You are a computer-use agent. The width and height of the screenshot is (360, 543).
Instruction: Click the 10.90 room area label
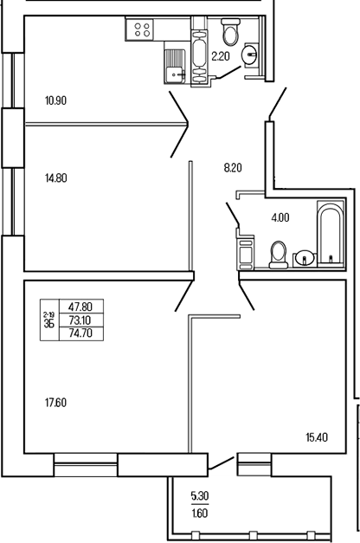click(55, 100)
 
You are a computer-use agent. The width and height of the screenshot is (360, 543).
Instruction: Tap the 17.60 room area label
click(55, 402)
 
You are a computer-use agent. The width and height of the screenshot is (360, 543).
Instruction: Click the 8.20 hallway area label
click(233, 169)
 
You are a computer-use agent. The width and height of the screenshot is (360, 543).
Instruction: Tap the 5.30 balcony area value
click(200, 497)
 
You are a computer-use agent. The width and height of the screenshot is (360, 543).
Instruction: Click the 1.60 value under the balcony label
click(200, 512)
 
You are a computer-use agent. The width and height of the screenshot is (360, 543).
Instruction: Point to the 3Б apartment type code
click(48, 325)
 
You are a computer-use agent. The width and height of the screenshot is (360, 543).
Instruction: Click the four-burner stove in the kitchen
click(143, 31)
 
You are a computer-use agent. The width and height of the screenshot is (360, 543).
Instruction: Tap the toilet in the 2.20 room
click(230, 33)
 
